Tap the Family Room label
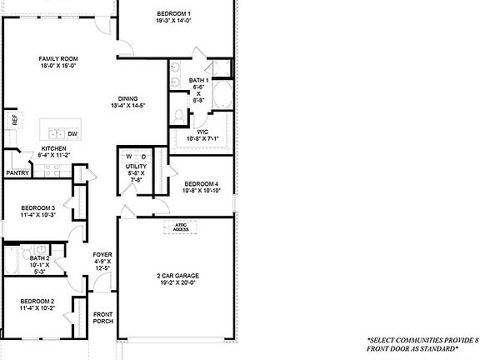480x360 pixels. tap(58, 59)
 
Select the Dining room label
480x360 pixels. tap(127, 97)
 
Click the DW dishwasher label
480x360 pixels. tap(72, 133)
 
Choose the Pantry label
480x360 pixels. tap(17, 173)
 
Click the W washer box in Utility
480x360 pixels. tap(130, 157)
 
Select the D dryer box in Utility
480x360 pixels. tap(142, 157)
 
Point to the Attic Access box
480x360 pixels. tap(182, 227)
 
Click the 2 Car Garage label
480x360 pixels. tap(177, 276)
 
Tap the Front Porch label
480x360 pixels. tap(102, 317)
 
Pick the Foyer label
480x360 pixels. tap(102, 256)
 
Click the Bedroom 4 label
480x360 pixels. tap(201, 183)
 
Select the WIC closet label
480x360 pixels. tap(202, 131)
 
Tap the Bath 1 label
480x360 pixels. tap(198, 80)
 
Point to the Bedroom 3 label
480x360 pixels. tap(37, 208)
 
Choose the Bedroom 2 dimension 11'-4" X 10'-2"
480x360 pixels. tap(37, 307)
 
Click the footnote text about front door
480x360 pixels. tap(422, 344)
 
